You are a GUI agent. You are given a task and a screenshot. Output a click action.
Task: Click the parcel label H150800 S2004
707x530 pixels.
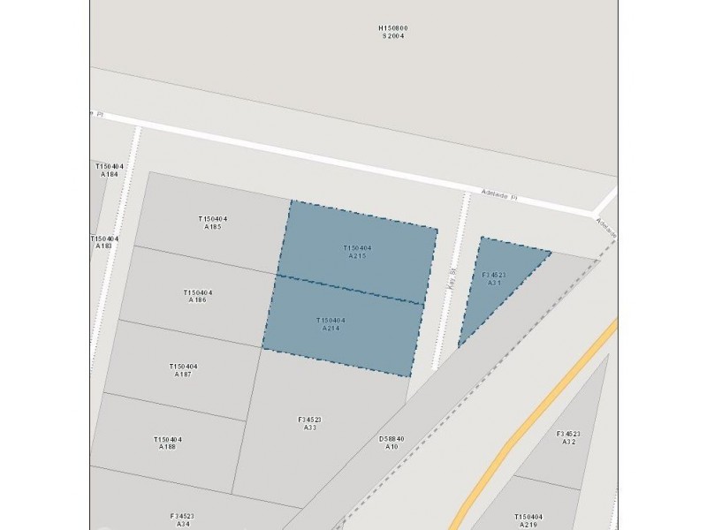pos(394,32)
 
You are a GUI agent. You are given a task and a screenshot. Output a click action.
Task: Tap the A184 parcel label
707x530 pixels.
pos(110,170)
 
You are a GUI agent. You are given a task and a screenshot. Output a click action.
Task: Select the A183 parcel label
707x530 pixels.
pos(104,242)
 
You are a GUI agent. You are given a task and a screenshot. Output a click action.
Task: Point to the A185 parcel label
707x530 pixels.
pos(212,223)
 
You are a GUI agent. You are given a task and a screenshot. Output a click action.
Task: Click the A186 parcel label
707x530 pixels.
pos(197,296)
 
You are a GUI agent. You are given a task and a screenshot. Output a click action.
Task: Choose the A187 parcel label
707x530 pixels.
pos(183,370)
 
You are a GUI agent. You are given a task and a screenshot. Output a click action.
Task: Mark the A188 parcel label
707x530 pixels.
pos(167,443)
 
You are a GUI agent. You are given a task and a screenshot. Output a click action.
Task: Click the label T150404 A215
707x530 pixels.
pos(357,252)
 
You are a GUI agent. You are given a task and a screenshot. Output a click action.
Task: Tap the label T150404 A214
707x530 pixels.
pos(331,324)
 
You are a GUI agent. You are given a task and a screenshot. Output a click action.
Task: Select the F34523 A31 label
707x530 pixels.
pos(494,278)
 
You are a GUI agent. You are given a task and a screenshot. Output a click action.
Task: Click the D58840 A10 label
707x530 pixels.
pos(392,443)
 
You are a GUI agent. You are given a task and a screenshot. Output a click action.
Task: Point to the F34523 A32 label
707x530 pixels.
pos(568,437)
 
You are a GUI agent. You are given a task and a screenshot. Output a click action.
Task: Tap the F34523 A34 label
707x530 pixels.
pos(182,519)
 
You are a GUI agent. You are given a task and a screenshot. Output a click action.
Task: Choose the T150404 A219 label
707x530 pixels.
pos(528,520)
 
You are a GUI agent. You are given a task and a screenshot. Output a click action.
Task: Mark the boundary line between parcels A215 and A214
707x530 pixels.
pos(349,289)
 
